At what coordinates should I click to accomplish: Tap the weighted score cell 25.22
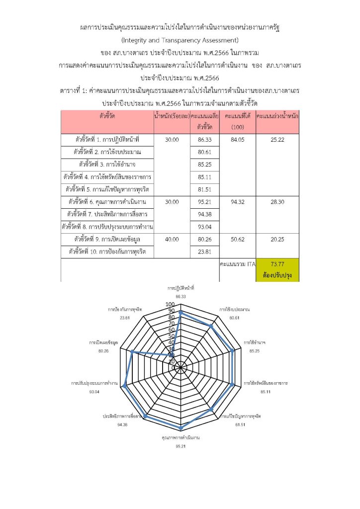(x=277, y=140)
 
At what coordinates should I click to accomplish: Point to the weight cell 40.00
(x=172, y=239)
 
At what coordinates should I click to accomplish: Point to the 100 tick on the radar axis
(x=170, y=304)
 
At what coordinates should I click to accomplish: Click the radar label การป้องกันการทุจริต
(x=125, y=309)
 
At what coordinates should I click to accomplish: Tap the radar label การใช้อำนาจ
(x=254, y=343)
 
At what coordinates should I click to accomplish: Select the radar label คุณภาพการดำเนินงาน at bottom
(x=180, y=437)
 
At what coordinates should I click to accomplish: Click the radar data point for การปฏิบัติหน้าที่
(x=181, y=313)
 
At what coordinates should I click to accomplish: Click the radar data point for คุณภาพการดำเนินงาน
(x=181, y=428)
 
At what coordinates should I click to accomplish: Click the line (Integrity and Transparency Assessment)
(x=180, y=39)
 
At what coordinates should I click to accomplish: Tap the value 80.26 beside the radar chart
(x=103, y=351)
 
